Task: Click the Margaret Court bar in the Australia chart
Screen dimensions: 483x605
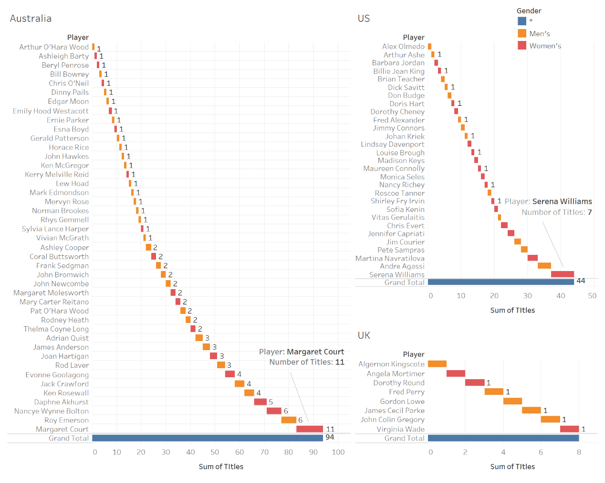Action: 309,429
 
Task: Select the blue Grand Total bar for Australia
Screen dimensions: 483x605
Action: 208,438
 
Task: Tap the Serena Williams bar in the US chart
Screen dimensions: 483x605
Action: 562,274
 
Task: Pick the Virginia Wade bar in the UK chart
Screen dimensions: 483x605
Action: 569,429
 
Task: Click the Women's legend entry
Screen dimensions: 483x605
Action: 545,46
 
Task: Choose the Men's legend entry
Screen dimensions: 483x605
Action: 539,33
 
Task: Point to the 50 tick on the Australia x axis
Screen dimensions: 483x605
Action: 215,452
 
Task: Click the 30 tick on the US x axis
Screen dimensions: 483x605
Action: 527,296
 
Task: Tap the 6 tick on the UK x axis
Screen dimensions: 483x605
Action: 541,452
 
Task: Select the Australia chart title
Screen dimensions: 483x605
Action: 31,19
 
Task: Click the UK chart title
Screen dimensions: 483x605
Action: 364,335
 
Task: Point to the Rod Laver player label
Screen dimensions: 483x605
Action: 72,365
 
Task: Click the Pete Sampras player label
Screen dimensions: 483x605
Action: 401,250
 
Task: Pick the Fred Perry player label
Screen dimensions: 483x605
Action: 407,392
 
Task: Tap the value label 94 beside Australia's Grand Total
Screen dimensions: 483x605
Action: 330,437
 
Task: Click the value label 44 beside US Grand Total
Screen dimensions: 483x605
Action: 581,281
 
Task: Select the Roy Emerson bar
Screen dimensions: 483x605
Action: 289,420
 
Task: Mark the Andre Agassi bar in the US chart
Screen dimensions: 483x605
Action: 544,266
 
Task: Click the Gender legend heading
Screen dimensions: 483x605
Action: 529,11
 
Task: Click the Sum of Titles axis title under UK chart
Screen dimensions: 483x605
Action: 512,467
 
